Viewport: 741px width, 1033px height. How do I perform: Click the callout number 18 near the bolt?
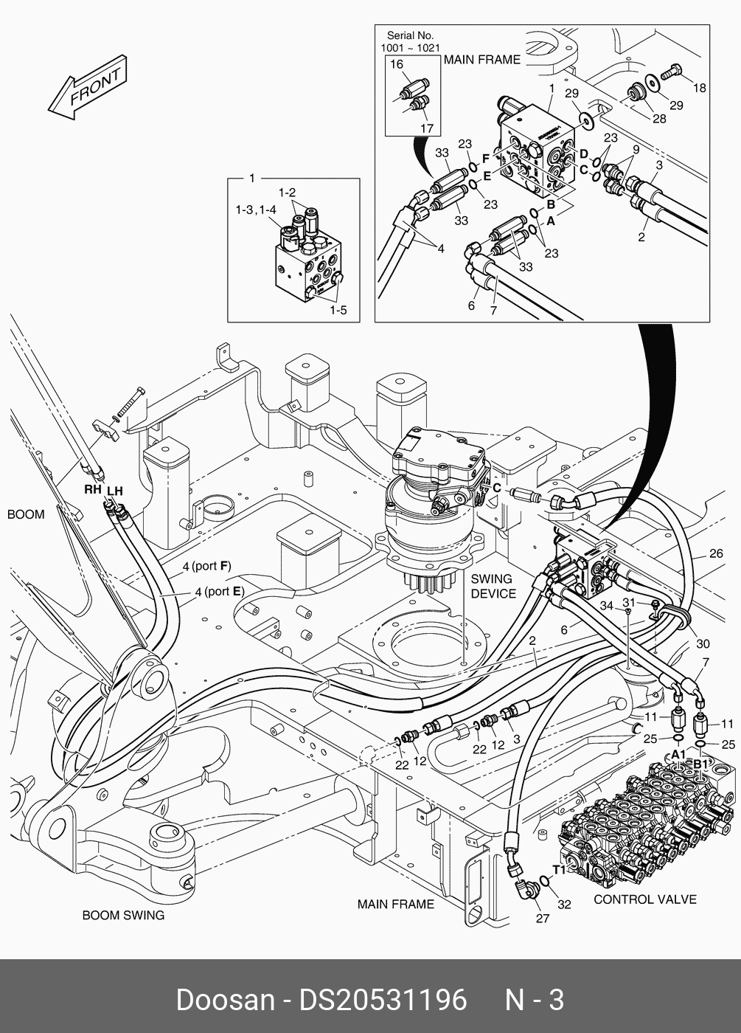pyautogui.click(x=698, y=88)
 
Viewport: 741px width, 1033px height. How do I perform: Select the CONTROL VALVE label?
pyautogui.click(x=644, y=899)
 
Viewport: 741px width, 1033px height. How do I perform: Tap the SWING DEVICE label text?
pyautogui.click(x=493, y=587)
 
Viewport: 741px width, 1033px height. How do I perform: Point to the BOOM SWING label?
pyautogui.click(x=123, y=916)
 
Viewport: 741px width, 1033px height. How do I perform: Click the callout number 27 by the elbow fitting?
pyautogui.click(x=542, y=919)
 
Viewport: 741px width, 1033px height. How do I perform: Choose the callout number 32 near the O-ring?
pyautogui.click(x=564, y=904)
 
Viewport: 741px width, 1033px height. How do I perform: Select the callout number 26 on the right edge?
pyautogui.click(x=716, y=553)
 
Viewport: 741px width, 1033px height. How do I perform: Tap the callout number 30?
pyautogui.click(x=703, y=643)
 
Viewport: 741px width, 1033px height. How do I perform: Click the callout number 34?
pyautogui.click(x=606, y=605)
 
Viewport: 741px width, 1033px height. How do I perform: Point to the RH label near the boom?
pyautogui.click(x=92, y=489)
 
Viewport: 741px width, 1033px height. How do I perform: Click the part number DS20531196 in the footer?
pyautogui.click(x=382, y=1000)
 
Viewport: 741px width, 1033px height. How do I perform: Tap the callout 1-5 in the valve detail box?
pyautogui.click(x=338, y=310)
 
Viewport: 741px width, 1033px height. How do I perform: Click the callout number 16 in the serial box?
pyautogui.click(x=397, y=64)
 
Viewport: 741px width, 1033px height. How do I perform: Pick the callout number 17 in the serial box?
pyautogui.click(x=426, y=128)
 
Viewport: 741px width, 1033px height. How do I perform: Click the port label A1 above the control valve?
pyautogui.click(x=678, y=754)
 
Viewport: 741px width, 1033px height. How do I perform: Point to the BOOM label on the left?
pyautogui.click(x=26, y=514)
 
